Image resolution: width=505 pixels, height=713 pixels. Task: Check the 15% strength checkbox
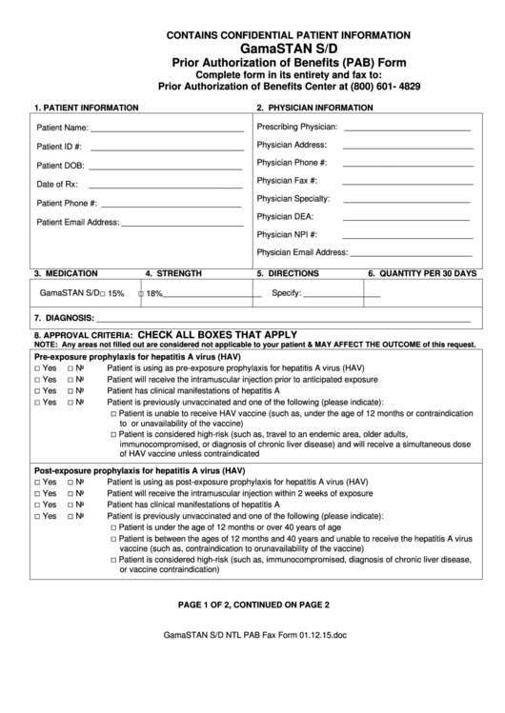click(x=103, y=294)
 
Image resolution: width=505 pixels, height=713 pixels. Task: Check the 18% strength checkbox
click(x=141, y=294)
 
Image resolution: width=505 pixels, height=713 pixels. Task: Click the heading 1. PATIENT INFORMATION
click(x=86, y=108)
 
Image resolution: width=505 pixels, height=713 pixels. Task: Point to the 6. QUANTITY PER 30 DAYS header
click(x=422, y=273)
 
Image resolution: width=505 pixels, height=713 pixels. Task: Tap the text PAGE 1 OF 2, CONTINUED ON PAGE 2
click(x=252, y=604)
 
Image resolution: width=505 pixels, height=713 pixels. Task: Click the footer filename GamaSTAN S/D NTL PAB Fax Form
click(x=252, y=661)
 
